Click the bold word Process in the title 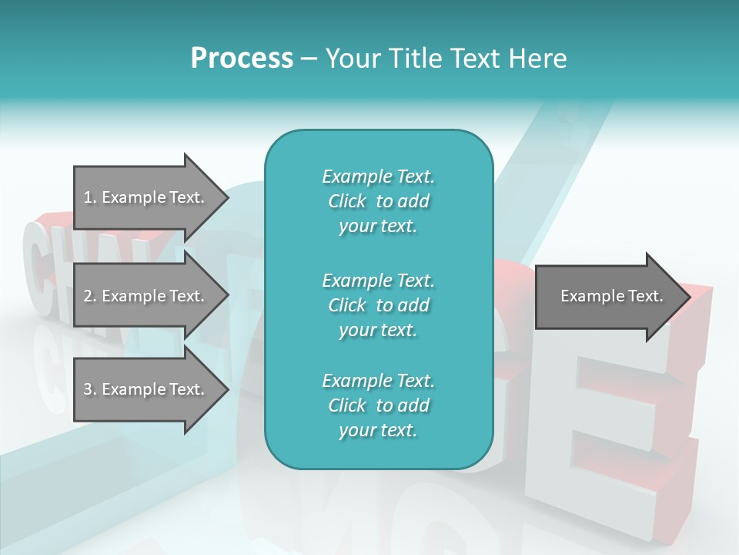click(x=242, y=59)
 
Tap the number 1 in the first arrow click(x=88, y=197)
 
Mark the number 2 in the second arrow click(x=88, y=296)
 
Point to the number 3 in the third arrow click(x=88, y=389)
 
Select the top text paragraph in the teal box click(x=378, y=201)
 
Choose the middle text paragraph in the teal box click(x=378, y=305)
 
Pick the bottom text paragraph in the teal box click(x=378, y=405)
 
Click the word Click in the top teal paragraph click(x=347, y=201)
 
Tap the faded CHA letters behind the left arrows click(x=46, y=262)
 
